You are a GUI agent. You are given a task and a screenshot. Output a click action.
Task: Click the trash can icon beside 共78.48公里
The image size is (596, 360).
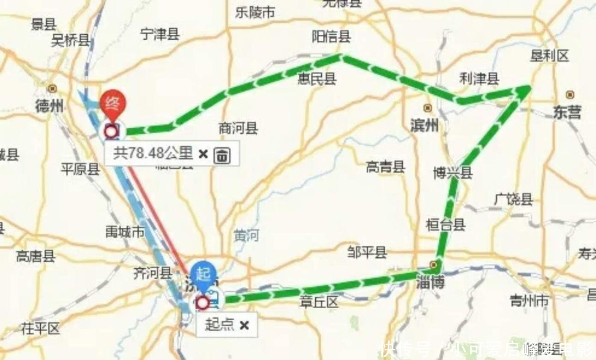click(222, 155)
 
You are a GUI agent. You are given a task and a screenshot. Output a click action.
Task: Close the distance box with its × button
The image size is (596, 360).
click(203, 154)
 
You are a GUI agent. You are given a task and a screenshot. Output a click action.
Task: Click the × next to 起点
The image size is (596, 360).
click(244, 325)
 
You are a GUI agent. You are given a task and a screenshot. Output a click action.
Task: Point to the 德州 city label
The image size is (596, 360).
click(49, 106)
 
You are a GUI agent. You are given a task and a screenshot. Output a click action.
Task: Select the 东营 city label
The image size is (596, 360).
click(567, 112)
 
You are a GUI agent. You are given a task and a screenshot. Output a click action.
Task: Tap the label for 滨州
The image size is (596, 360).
click(424, 124)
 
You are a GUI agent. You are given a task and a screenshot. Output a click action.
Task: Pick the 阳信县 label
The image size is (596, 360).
click(331, 37)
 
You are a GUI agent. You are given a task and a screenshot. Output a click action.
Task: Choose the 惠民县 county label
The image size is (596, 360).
click(317, 79)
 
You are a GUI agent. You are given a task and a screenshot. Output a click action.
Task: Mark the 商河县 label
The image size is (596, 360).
click(238, 128)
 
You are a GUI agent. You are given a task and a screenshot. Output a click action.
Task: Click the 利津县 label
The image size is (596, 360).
click(479, 79)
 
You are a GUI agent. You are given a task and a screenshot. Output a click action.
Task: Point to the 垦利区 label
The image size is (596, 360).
click(549, 56)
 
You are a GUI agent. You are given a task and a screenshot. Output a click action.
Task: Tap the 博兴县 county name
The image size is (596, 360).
click(453, 173)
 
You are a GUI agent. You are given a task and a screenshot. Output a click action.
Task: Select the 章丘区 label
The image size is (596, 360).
click(319, 302)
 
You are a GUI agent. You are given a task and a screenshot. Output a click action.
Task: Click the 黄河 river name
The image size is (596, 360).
click(246, 235)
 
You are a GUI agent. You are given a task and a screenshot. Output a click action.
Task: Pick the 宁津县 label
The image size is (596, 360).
click(160, 34)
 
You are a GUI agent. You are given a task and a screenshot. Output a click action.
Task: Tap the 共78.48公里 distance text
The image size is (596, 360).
click(153, 154)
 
